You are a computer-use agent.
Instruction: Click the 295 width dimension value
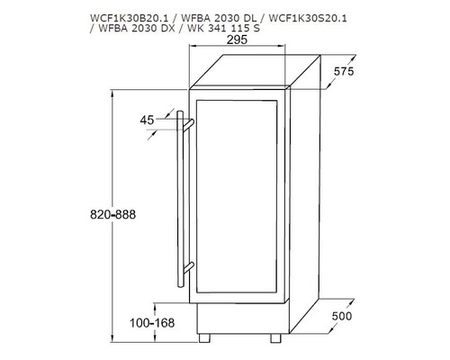pyautogui.click(x=237, y=40)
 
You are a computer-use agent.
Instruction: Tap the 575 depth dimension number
pyautogui.click(x=344, y=71)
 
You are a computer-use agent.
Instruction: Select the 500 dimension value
pyautogui.click(x=342, y=316)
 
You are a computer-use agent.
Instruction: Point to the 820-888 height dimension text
pyautogui.click(x=112, y=214)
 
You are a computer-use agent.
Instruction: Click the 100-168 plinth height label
pyautogui.click(x=152, y=323)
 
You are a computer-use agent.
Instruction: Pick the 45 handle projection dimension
pyautogui.click(x=147, y=121)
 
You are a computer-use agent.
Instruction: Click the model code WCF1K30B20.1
pyautogui.click(x=129, y=18)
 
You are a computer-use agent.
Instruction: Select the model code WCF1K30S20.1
pyautogui.click(x=308, y=18)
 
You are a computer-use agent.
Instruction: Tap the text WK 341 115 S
pyautogui.click(x=223, y=28)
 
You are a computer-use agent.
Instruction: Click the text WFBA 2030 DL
pyautogui.click(x=219, y=18)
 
